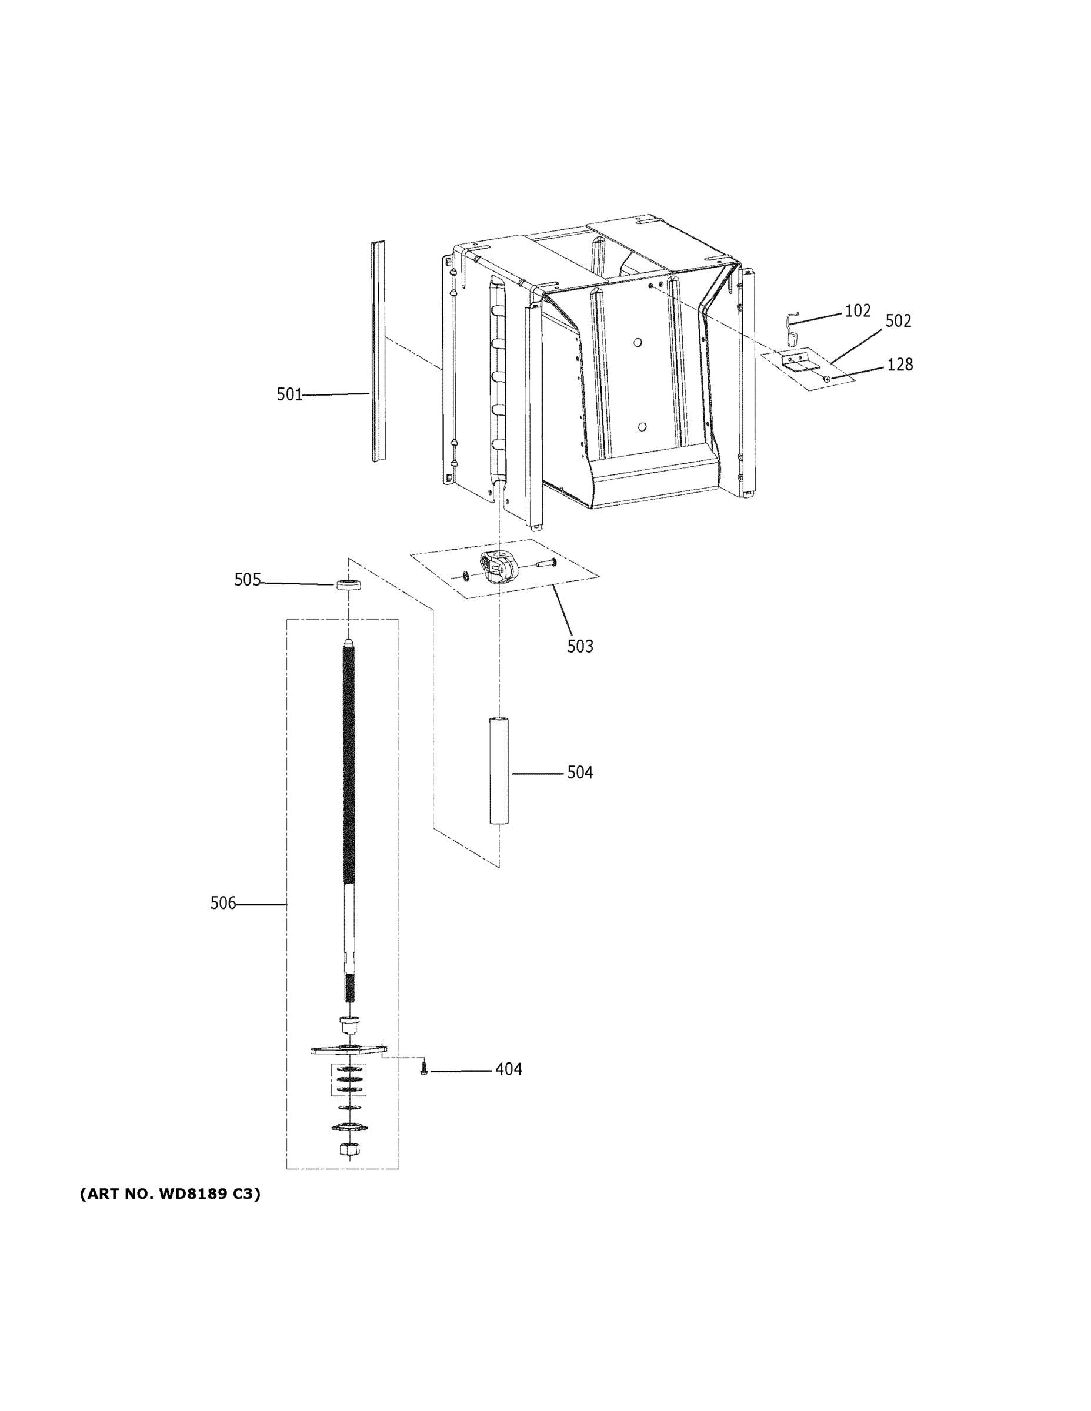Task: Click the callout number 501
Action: pos(289,394)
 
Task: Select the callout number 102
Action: pos(857,311)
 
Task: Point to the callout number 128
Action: pos(899,365)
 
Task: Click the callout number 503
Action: pos(580,646)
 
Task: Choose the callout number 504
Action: pos(580,773)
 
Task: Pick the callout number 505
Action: pos(247,580)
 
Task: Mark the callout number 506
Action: pos(223,903)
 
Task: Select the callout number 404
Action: pos(508,1070)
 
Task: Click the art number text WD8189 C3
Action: pos(170,1194)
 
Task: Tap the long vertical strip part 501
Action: pos(378,352)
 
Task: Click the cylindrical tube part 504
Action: pos(499,770)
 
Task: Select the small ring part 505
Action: pos(348,586)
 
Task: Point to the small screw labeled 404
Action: pos(424,1070)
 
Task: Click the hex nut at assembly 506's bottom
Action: pos(348,1149)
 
